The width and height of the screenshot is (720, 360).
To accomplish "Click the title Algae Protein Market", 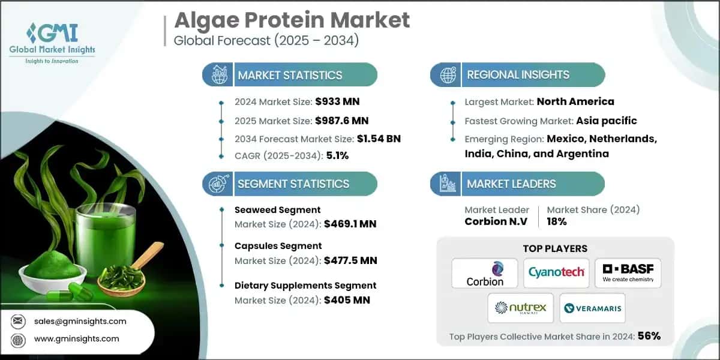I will pyautogui.click(x=292, y=20).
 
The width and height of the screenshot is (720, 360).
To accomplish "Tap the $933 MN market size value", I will pyautogui.click(x=337, y=101).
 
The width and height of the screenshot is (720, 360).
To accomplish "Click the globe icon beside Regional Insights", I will pyautogui.click(x=446, y=75).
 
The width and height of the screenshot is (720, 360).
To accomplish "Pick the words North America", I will pyautogui.click(x=575, y=101).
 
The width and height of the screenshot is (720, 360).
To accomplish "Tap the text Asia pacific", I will pyautogui.click(x=606, y=121).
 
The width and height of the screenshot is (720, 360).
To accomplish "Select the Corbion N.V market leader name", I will pyautogui.click(x=497, y=221).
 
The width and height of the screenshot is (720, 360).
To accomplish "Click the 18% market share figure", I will pyautogui.click(x=557, y=221).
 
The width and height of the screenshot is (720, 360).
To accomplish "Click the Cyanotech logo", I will pyautogui.click(x=556, y=273).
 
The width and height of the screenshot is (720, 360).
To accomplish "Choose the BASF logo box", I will pyautogui.click(x=628, y=273).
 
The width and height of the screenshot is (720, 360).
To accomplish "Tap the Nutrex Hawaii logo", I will pyautogui.click(x=520, y=308).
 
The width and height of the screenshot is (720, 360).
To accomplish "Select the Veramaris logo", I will pyautogui.click(x=592, y=308).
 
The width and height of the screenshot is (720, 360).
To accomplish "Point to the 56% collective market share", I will pyautogui.click(x=649, y=336).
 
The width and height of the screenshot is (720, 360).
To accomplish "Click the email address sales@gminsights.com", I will pyautogui.click(x=80, y=321).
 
